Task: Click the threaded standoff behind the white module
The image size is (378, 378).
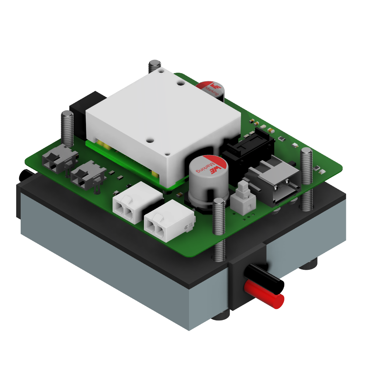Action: pyautogui.click(x=155, y=66)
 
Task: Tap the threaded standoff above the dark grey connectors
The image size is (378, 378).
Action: pyautogui.click(x=67, y=127)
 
